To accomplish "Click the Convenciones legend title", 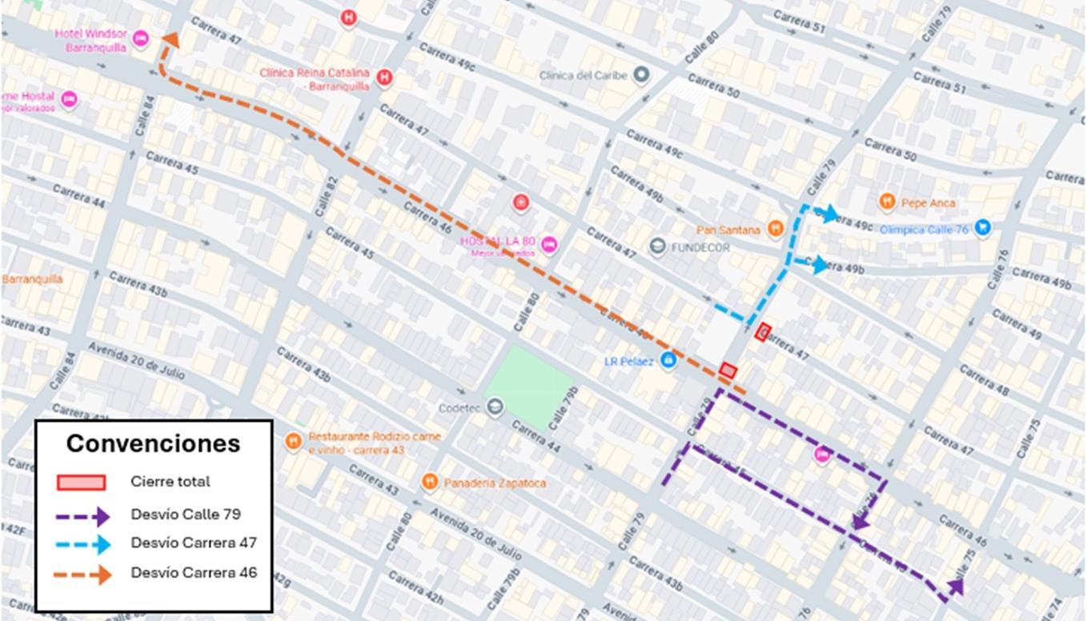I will click(x=153, y=443).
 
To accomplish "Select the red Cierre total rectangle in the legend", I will click(x=81, y=482).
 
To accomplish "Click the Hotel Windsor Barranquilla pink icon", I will click(x=140, y=38).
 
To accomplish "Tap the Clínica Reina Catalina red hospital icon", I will click(x=384, y=78).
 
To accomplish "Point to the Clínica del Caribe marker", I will click(x=640, y=75).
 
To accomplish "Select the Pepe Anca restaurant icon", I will click(x=886, y=202).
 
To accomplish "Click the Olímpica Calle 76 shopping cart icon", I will click(x=983, y=229).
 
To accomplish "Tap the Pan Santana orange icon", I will click(x=775, y=230).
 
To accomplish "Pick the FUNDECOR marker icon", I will click(x=657, y=246).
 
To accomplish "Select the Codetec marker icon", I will click(x=495, y=408).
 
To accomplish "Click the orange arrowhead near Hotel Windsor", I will click(x=170, y=40).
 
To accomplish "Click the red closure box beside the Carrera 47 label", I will click(x=763, y=331).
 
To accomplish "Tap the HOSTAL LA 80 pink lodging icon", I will click(x=549, y=245).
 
